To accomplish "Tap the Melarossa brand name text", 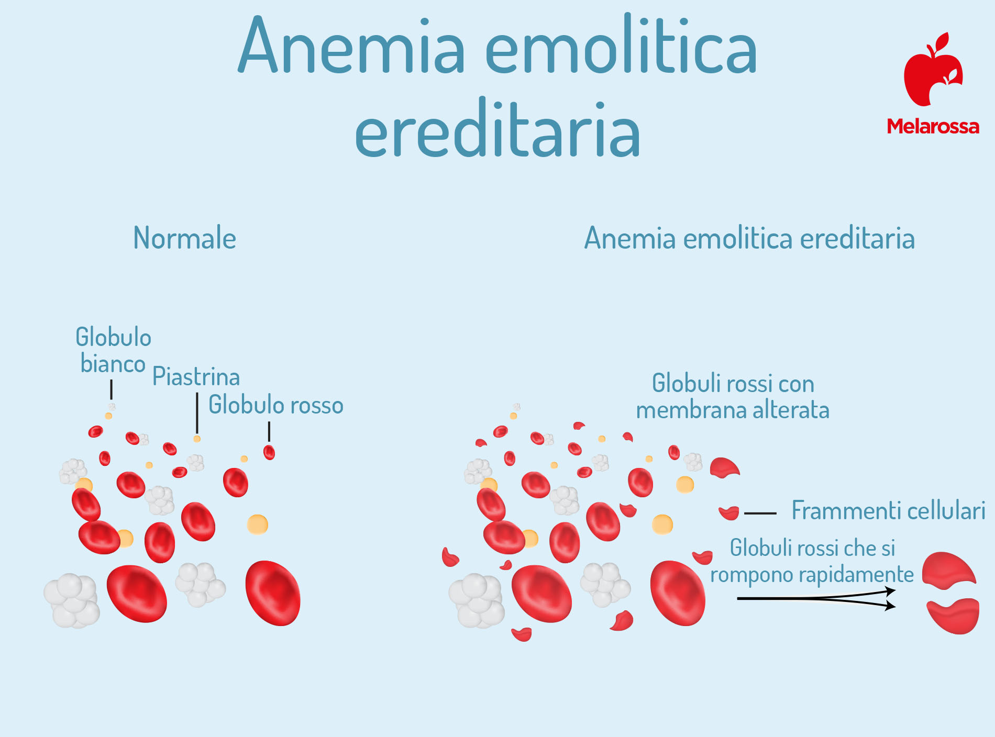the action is tap(933, 126).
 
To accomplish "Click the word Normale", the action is tap(185, 238).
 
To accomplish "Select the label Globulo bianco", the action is tap(113, 350).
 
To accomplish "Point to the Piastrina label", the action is tap(196, 377).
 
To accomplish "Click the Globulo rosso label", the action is tap(276, 405).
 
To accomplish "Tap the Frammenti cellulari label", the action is tap(888, 510).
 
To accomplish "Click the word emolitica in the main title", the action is tap(621, 46).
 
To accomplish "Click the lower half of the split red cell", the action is tap(953, 616).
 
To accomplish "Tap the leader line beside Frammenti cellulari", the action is tap(760, 513).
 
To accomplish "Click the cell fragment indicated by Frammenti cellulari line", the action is tap(729, 512).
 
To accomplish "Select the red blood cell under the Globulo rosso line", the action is tap(269, 452).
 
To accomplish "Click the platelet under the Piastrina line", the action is tap(197, 439).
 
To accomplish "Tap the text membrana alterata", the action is tap(733, 410).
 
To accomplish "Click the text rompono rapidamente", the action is tap(812, 575).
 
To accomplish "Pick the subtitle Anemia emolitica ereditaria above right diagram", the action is tap(749, 238).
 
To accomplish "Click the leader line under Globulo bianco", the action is tap(111, 390).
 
